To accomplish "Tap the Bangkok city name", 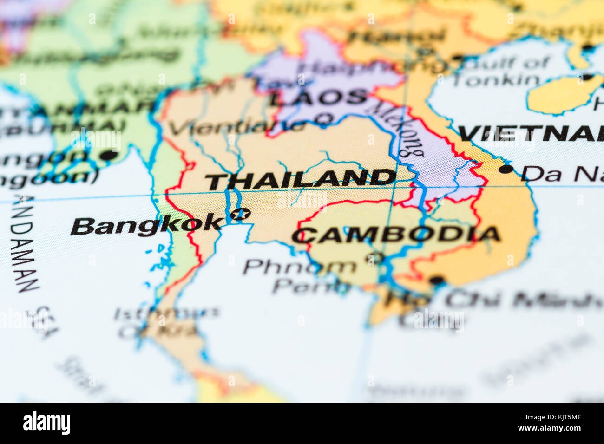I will tap(147, 225).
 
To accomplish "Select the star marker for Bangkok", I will tap(241, 214).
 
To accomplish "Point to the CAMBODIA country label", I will tap(396, 235).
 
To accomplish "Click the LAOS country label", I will tap(319, 98).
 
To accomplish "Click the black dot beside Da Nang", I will tap(506, 169).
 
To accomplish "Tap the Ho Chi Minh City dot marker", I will tap(437, 280).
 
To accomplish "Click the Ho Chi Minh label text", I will tap(492, 300).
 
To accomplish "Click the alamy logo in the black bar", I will tap(46, 423).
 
